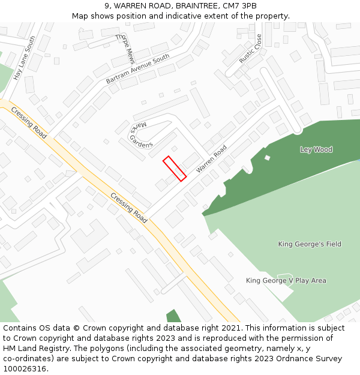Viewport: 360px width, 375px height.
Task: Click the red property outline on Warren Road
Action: [175, 169]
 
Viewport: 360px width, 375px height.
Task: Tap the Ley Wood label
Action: [316, 149]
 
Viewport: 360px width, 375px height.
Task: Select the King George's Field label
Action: [310, 244]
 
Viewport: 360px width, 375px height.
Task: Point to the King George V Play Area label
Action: [286, 280]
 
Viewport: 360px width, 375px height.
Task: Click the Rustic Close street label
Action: [250, 48]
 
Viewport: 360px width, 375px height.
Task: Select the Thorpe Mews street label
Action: [125, 49]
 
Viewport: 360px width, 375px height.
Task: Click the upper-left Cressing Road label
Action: [29, 123]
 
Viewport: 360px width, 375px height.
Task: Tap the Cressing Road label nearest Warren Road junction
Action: [129, 208]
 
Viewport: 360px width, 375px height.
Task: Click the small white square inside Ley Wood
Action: [267, 158]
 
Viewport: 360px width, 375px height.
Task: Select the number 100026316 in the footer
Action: [25, 369]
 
